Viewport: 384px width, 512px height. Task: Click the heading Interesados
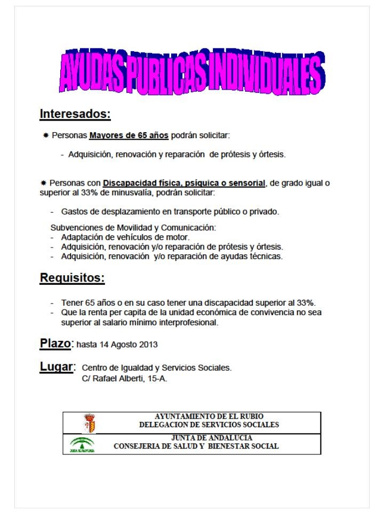[75, 114]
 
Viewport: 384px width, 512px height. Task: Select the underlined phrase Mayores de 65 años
[129, 135]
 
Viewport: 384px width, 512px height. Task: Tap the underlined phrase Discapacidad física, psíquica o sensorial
[184, 183]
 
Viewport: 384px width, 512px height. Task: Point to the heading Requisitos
[72, 278]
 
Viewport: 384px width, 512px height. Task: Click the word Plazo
[55, 343]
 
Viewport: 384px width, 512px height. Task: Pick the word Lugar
[57, 367]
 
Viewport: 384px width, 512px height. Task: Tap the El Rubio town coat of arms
[90, 423]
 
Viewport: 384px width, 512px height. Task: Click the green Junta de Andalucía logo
[82, 444]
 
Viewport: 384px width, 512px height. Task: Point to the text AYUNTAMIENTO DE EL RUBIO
[209, 416]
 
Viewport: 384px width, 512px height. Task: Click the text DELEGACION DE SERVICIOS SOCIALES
[209, 425]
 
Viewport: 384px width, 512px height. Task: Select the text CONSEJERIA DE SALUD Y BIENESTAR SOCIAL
[196, 446]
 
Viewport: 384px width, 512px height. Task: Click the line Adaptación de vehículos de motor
[125, 237]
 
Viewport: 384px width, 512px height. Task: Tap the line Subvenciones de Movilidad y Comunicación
[133, 228]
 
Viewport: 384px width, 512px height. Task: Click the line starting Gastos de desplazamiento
[170, 211]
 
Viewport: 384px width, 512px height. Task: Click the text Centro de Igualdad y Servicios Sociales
[157, 368]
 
